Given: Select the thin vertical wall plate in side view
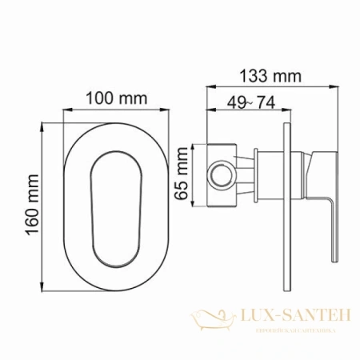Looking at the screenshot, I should (286, 200).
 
